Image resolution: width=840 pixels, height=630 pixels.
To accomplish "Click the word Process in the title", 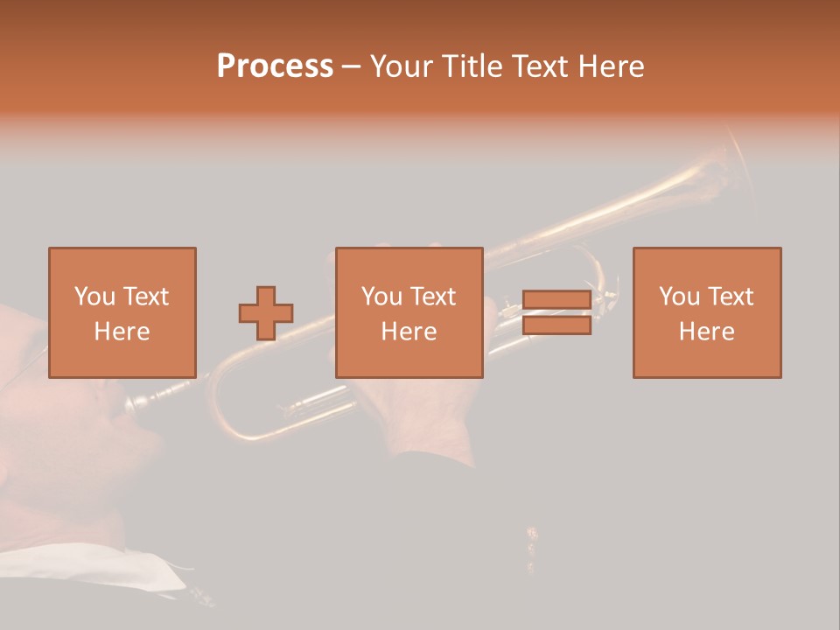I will point(275,66).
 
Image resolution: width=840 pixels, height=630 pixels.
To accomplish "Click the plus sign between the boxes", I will point(266,313).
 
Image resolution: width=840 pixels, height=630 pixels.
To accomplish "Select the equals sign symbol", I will point(556,312).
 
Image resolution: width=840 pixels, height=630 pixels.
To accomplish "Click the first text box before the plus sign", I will point(122,312).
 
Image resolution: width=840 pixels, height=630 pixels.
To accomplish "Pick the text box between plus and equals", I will point(409,312).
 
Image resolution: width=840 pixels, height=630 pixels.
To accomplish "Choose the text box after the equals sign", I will point(706,312).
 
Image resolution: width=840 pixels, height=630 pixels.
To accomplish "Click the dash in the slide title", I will point(352,66).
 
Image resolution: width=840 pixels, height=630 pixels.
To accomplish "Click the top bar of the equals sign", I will point(556,300).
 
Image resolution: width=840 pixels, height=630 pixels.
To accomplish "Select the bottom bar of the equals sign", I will point(556,325).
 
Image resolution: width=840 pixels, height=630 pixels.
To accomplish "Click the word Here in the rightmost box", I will point(706,332).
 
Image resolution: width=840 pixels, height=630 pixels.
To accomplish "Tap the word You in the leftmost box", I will point(94,297).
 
